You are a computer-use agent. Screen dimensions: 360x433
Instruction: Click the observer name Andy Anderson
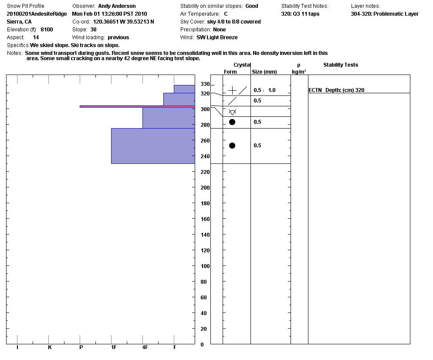point(117,6)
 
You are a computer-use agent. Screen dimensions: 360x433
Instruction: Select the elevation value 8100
point(47,30)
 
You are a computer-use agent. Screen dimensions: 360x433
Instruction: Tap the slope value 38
point(93,30)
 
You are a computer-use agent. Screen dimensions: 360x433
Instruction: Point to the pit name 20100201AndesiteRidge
point(37,14)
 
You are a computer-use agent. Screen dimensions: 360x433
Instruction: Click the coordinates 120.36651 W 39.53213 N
point(123,22)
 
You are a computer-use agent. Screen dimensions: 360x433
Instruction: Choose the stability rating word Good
point(251,6)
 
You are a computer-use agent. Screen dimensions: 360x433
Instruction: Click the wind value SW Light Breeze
point(217,37)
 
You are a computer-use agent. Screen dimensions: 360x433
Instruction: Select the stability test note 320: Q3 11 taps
point(300,14)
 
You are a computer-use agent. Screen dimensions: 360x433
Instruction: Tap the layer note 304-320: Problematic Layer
point(385,14)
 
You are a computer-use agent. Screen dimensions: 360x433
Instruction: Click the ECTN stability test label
point(315,90)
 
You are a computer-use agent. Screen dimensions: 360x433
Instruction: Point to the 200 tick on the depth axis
point(205,188)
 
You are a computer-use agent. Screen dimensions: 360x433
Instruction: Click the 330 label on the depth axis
point(205,84)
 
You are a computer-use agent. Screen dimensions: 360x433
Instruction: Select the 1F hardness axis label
point(114,347)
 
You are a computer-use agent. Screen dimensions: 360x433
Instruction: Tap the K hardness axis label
point(50,347)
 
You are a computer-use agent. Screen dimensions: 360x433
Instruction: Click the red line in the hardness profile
point(137,106)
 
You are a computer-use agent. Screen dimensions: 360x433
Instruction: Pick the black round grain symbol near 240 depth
point(232,146)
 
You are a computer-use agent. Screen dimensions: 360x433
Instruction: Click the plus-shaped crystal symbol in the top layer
point(233,90)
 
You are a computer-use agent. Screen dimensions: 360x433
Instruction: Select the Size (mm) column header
point(264,72)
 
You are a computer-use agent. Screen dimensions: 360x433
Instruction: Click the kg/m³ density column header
point(299,72)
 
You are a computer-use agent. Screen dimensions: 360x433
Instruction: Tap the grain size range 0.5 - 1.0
point(264,90)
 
